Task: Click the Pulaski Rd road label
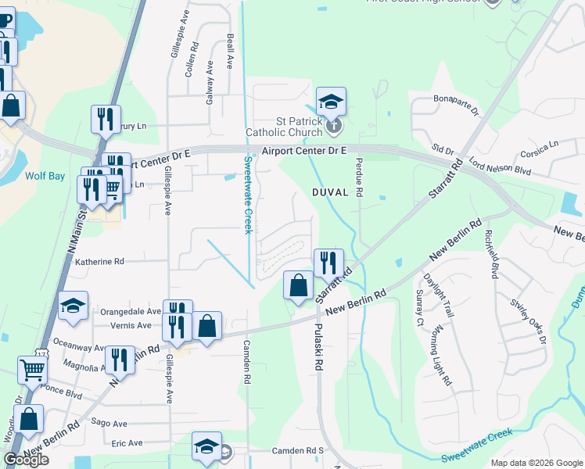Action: pos(319,348)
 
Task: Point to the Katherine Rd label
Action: pos(99,262)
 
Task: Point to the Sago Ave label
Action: pos(109,423)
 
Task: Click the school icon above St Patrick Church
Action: pos(331,101)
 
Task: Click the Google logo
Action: pos(26,460)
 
